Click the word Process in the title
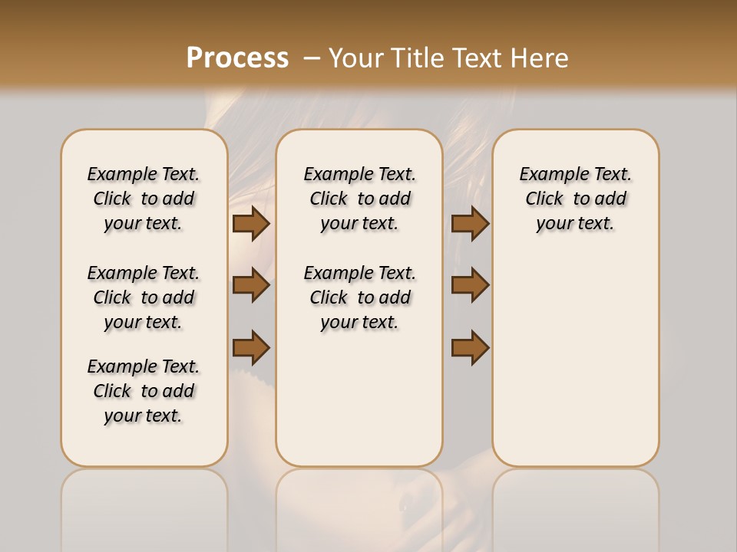pos(237,58)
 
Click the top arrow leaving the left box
pos(251,223)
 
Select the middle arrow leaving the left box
pos(251,285)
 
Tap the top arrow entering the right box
pos(471,223)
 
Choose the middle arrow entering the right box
pos(471,285)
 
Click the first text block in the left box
pos(144,199)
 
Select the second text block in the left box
pos(144,297)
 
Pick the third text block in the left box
pos(144,391)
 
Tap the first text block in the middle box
pos(359,199)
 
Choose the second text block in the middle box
pos(359,297)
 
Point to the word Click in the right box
pos(544,199)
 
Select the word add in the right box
pos(610,199)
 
